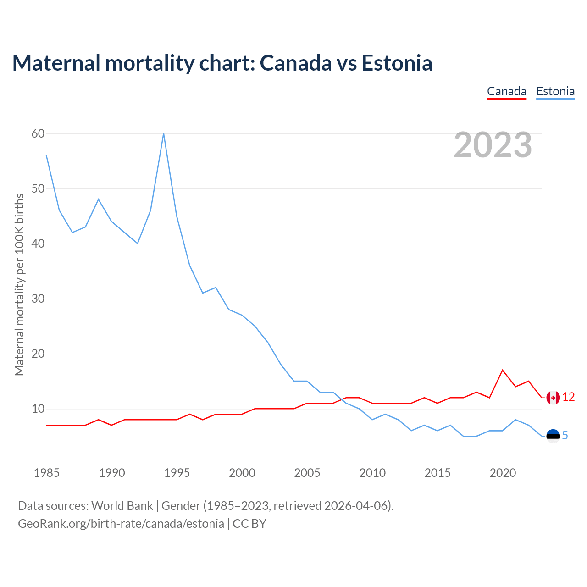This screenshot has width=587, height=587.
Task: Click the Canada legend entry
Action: click(506, 91)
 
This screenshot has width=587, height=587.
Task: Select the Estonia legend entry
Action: click(555, 91)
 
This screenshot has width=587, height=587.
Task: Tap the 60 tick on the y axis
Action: click(38, 133)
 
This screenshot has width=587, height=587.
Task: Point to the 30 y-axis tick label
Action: click(38, 299)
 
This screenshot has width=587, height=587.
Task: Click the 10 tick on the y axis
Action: click(38, 409)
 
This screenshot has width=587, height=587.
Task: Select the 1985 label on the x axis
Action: click(47, 473)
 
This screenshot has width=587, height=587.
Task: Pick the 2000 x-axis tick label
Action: click(242, 473)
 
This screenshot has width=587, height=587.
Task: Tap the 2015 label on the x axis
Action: click(437, 473)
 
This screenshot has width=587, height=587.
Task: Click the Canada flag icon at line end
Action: click(553, 398)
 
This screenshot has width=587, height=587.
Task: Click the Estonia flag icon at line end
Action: click(553, 436)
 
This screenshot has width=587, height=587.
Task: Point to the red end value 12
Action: click(569, 397)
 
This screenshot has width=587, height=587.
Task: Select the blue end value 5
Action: click(565, 435)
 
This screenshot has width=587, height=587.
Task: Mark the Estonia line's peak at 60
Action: click(164, 134)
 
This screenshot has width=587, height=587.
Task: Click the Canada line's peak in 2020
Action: click(503, 370)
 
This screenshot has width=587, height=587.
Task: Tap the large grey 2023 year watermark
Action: click(493, 145)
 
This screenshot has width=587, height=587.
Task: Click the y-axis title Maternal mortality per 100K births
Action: click(19, 284)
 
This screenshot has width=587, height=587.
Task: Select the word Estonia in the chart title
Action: click(397, 63)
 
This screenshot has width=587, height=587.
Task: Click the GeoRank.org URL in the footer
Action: click(121, 524)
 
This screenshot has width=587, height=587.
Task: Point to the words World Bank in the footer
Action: click(122, 506)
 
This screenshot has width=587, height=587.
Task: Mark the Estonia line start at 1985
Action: click(47, 156)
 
